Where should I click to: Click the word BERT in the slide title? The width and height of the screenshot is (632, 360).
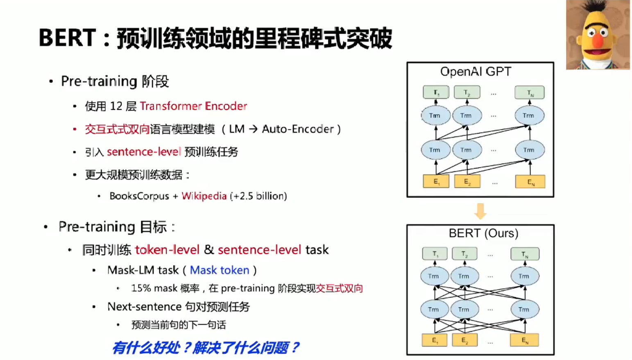click(67, 38)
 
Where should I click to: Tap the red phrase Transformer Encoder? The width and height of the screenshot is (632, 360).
click(193, 106)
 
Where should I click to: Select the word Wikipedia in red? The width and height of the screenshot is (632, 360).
click(204, 196)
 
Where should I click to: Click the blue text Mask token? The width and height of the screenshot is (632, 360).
click(220, 270)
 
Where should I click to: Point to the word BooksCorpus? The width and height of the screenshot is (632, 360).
click(139, 196)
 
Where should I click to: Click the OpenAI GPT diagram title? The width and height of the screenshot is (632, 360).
click(476, 72)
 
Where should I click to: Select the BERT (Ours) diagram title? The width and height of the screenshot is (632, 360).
click(483, 233)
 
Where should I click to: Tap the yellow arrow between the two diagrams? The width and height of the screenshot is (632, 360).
click(480, 211)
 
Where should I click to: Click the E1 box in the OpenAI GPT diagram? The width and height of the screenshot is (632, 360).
click(436, 181)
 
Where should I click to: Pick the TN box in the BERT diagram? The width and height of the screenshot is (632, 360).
click(525, 254)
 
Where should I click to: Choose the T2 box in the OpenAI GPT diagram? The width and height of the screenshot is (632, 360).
click(467, 93)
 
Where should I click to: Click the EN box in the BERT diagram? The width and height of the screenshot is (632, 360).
click(525, 340)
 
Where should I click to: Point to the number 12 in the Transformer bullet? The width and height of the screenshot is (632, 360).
click(116, 106)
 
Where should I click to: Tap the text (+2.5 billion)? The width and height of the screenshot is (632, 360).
click(258, 196)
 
